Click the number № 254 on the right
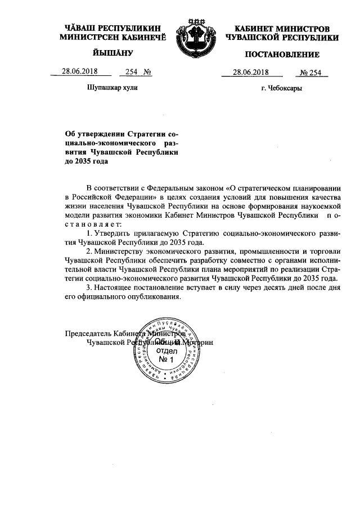tap(310, 73)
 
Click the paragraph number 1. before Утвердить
tap(89, 233)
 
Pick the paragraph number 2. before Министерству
tap(89, 251)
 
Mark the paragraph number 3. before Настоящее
tap(89, 288)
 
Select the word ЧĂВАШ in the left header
tap(79, 28)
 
